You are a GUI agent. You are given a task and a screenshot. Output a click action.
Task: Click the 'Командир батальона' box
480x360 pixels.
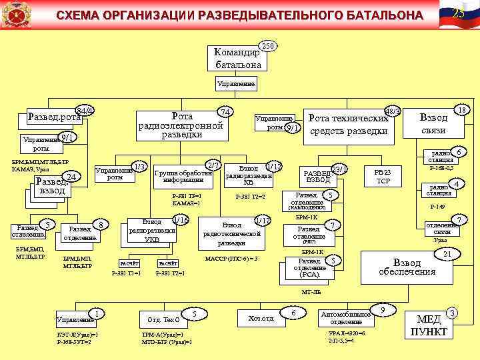tap(238, 59)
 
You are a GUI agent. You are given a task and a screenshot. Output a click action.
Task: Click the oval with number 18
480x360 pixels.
tap(461, 108)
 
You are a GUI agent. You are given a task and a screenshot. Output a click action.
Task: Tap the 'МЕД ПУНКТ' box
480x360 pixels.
tap(429, 326)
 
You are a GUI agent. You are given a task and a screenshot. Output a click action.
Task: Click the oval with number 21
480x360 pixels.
tap(447, 253)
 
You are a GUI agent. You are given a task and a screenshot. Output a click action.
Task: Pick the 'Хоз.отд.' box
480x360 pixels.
tap(261, 319)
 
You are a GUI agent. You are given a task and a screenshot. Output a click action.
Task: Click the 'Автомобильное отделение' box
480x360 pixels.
tap(346, 317)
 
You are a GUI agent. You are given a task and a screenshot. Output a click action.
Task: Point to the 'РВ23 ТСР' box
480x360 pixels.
tap(383, 177)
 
